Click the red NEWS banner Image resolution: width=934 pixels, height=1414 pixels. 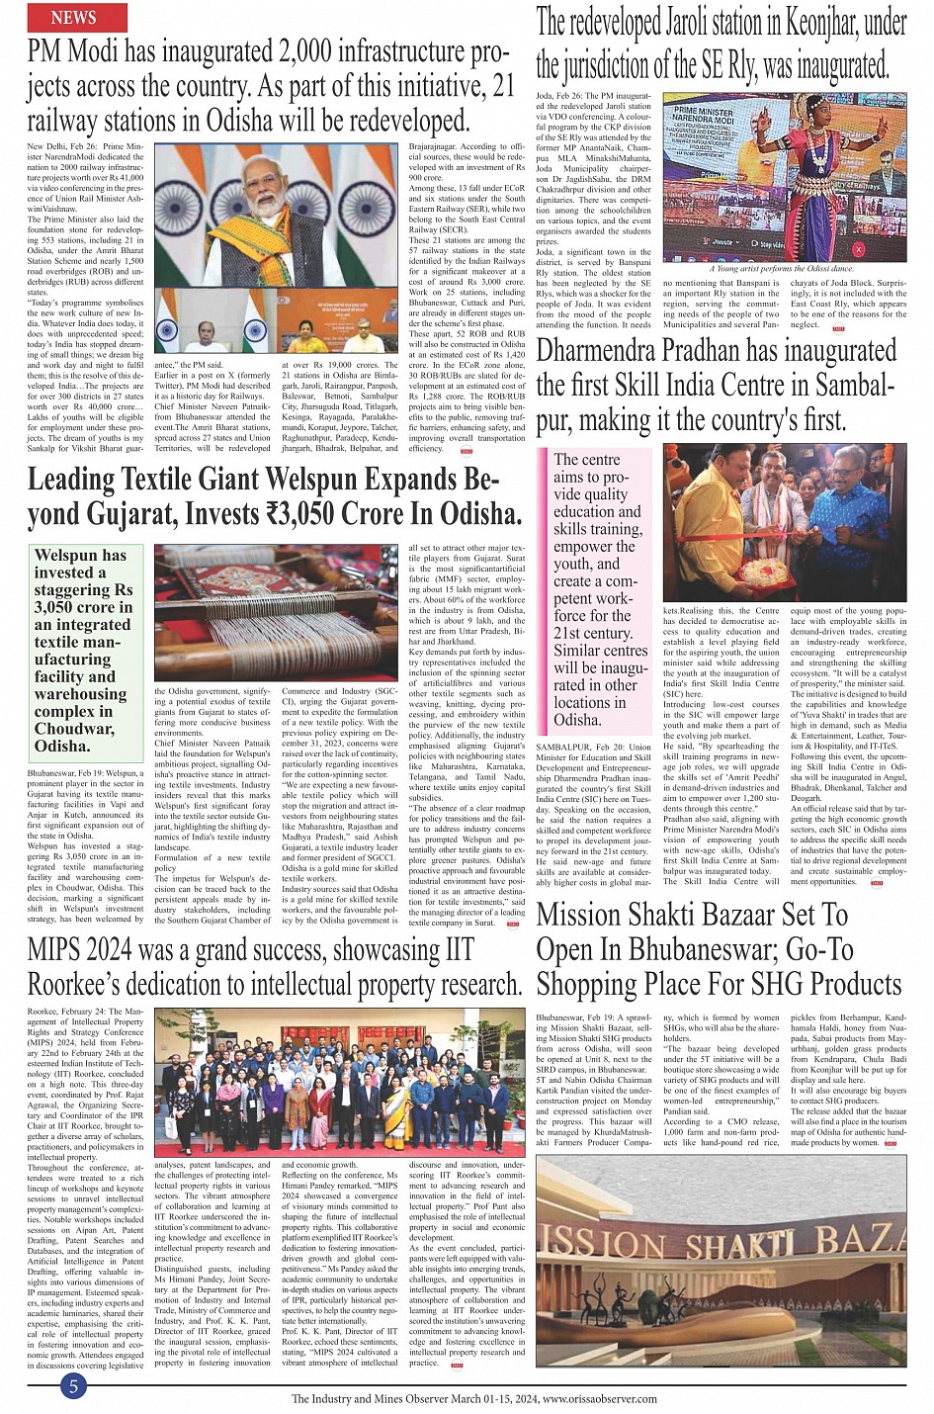pyautogui.click(x=73, y=17)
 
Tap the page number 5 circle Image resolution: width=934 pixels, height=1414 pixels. pyautogui.click(x=72, y=1386)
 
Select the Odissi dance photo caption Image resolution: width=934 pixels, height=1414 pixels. pyautogui.click(x=781, y=268)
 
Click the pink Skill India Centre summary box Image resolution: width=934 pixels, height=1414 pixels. pyautogui.click(x=596, y=590)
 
